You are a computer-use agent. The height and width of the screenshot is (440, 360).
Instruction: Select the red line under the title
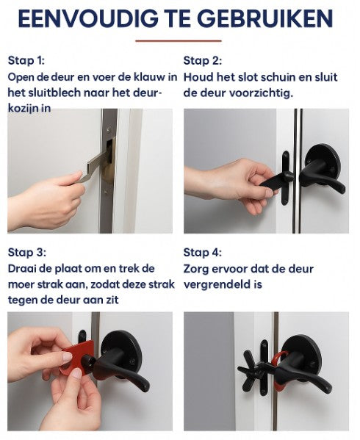click(179, 41)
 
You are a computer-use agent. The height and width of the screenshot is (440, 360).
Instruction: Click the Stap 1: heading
click(26, 60)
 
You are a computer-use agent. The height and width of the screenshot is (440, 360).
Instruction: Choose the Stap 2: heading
click(202, 60)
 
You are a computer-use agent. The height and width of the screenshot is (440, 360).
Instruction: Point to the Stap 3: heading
click(26, 252)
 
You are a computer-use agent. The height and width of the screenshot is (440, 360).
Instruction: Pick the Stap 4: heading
click(202, 252)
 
